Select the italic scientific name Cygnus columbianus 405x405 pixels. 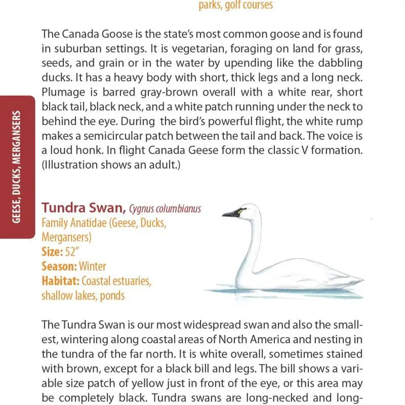165,209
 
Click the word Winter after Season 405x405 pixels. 93,266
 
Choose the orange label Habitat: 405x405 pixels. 60,280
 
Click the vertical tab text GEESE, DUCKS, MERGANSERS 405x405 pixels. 17,167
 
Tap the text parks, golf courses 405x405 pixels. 235,6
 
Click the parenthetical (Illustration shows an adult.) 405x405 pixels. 111,166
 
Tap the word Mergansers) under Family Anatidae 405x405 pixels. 66,237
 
